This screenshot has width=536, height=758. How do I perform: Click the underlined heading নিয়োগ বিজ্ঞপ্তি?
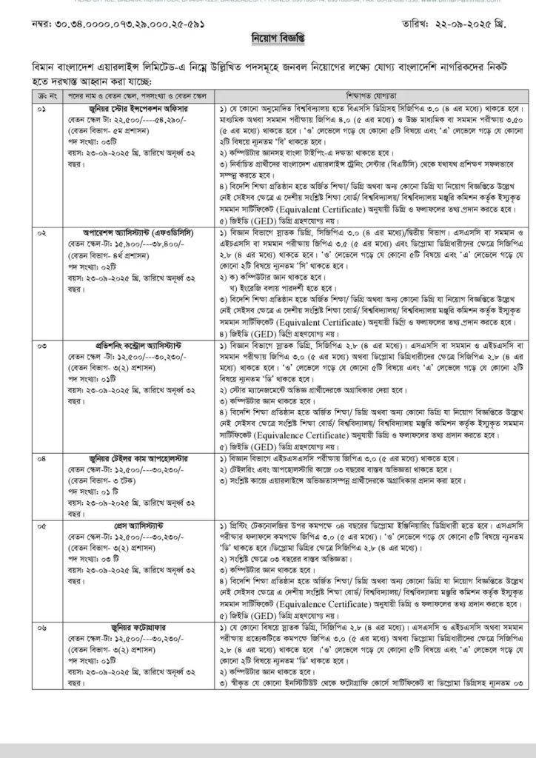click(267, 37)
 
